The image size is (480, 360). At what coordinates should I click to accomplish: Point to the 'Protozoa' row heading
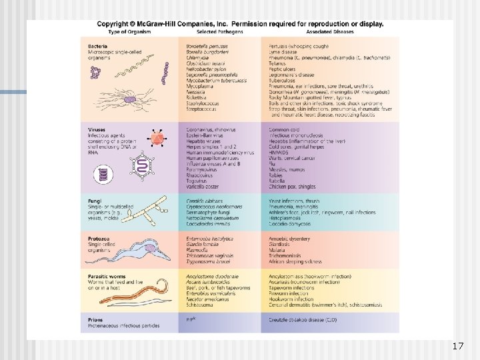(x=99, y=238)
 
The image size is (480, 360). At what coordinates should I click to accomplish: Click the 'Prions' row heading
(x=95, y=320)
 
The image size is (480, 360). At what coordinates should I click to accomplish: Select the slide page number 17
(x=457, y=347)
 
